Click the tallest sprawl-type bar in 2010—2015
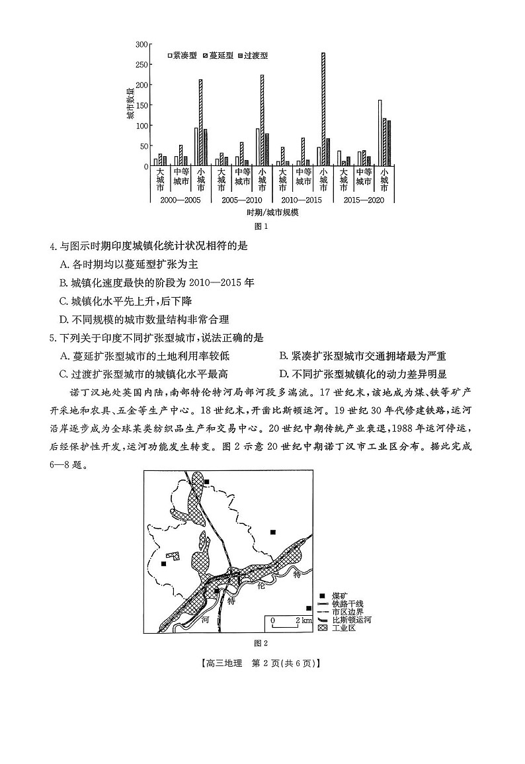click(x=323, y=109)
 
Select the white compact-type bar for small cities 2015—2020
click(x=380, y=133)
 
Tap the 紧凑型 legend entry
click(x=183, y=56)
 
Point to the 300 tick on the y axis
click(x=141, y=44)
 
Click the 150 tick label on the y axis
click(x=141, y=105)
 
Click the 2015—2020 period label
click(x=364, y=199)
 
